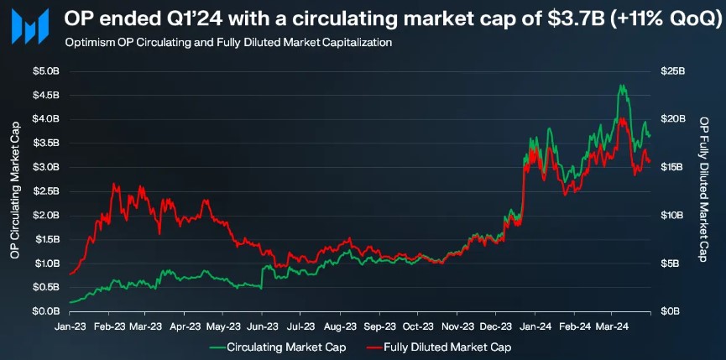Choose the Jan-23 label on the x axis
[x=71, y=326]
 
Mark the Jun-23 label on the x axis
[x=264, y=326]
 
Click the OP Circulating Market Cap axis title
[x=15, y=191]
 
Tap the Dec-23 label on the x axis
[x=495, y=326]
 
